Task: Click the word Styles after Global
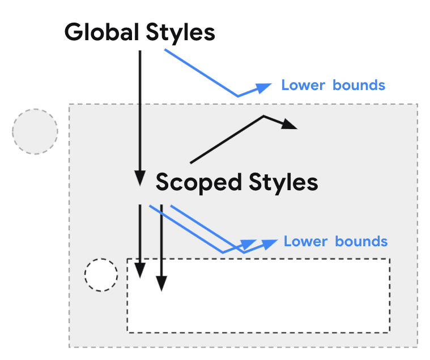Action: coord(180,32)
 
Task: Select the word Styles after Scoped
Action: coord(283,183)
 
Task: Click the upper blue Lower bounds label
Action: coord(333,85)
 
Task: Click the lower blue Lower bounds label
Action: coord(335,242)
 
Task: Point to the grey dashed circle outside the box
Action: coord(35,131)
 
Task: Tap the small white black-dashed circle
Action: coord(101,276)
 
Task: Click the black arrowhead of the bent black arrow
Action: coord(290,125)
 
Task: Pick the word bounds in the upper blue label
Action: coord(359,85)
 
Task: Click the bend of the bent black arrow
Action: coord(264,117)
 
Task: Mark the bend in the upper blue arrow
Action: coord(237,96)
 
